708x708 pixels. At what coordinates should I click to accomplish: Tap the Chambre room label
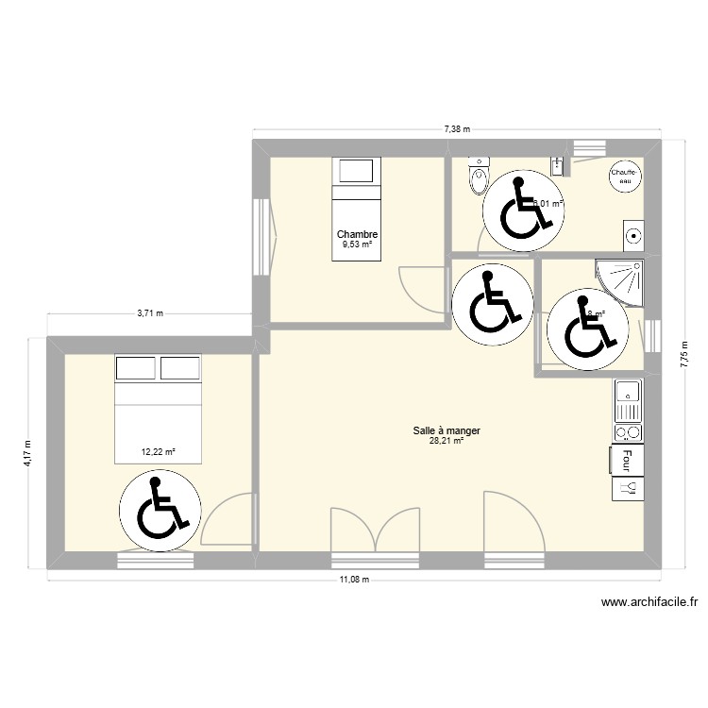tap(357, 235)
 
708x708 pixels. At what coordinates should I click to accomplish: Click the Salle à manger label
tap(447, 430)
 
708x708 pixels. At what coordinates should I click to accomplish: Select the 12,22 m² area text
tap(159, 452)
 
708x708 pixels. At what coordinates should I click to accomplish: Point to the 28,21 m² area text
tap(447, 441)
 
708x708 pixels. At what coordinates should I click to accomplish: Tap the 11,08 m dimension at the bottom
tap(354, 580)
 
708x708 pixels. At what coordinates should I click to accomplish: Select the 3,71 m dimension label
tap(150, 313)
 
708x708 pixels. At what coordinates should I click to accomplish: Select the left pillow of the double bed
tap(136, 366)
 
